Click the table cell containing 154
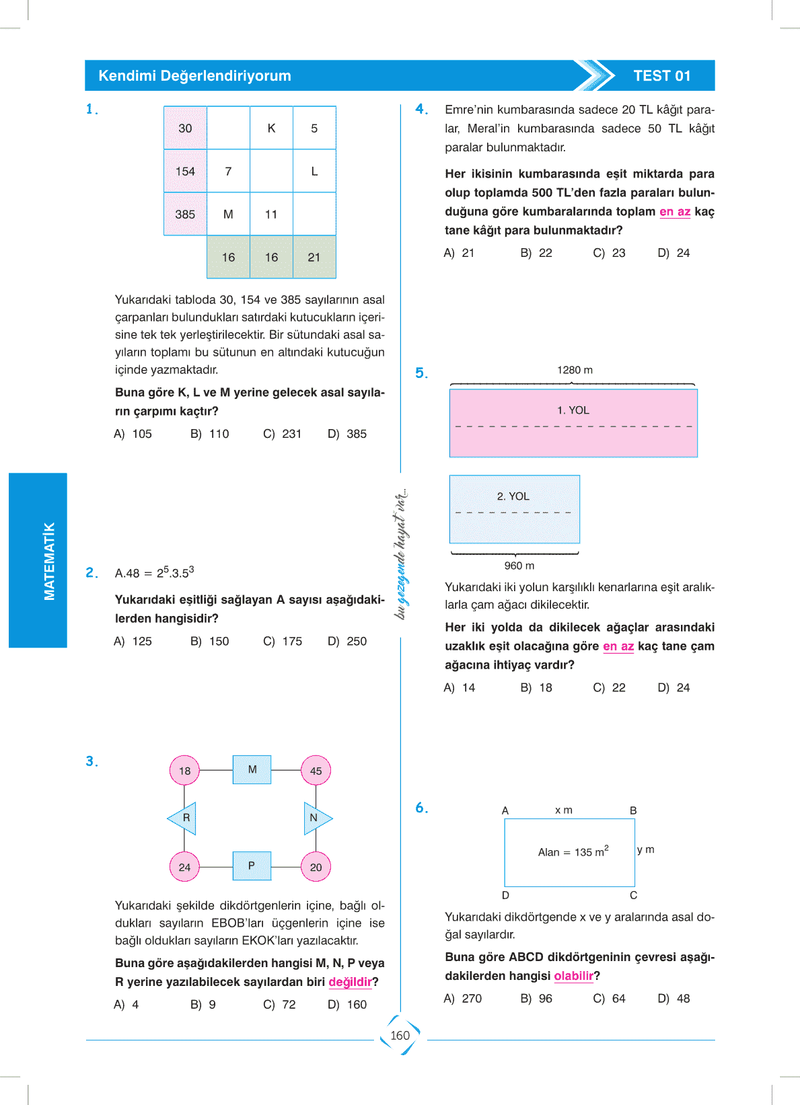click(x=185, y=172)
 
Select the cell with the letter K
click(x=271, y=128)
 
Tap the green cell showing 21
click(x=314, y=257)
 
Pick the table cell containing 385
click(x=185, y=215)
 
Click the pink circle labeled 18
click(x=184, y=771)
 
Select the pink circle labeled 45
click(x=316, y=771)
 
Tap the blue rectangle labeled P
click(x=252, y=866)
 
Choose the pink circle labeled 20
click(x=316, y=867)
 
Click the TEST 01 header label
click(x=662, y=76)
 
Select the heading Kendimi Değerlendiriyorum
click(x=194, y=76)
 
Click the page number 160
click(x=400, y=1036)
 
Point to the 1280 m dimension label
click(x=575, y=370)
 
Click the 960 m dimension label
click(x=519, y=566)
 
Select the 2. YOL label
click(x=513, y=496)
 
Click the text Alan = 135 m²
click(x=573, y=851)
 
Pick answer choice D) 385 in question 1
click(x=348, y=434)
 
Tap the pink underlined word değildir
click(x=350, y=982)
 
